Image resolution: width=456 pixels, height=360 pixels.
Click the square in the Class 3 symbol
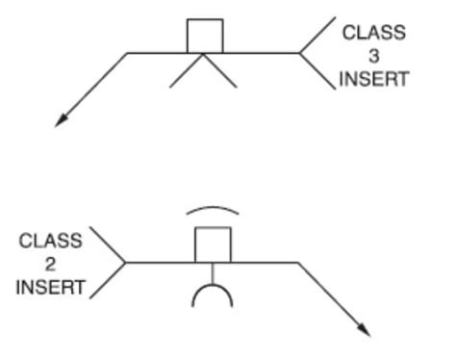tap(204, 36)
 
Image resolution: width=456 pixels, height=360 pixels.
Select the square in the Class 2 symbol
tap(213, 244)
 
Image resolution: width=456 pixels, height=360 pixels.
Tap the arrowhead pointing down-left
tap(62, 119)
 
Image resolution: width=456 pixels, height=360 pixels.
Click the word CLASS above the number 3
tap(374, 34)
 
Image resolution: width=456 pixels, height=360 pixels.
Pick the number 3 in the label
tap(374, 56)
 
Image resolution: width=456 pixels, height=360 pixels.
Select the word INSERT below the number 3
tap(374, 78)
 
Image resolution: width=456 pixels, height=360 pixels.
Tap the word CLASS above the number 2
tap(49, 242)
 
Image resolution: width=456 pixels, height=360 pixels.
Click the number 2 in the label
tap(49, 264)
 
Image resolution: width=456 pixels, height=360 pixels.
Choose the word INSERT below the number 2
tap(49, 287)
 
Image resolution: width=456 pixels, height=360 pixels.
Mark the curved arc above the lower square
tap(214, 209)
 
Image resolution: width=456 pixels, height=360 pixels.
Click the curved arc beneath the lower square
tap(213, 292)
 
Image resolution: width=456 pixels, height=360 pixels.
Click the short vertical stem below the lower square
tap(213, 271)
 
